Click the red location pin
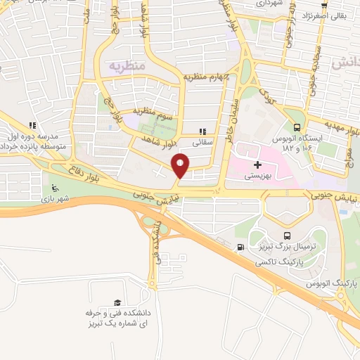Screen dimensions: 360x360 tap(181, 166)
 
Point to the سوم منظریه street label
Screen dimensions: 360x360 tap(147, 114)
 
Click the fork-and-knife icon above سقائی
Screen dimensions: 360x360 tap(203, 131)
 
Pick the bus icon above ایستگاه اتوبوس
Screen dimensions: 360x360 tap(297, 127)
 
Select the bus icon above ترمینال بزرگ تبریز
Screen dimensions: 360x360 tap(286, 236)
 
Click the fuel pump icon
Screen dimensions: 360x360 tap(242, 247)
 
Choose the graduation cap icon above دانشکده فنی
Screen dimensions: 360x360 tap(117, 302)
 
